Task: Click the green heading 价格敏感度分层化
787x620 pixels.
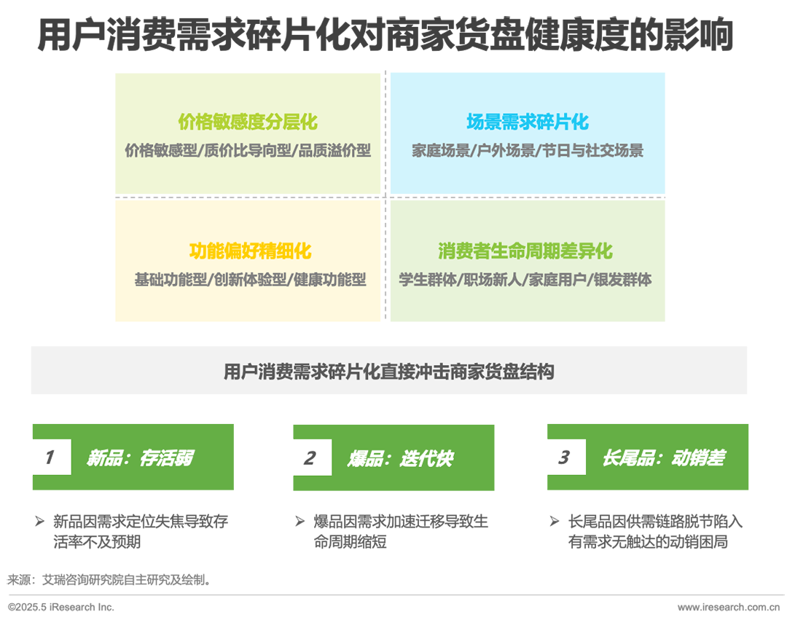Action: pyautogui.click(x=248, y=122)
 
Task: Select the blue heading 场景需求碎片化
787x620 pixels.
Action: pyautogui.click(x=527, y=122)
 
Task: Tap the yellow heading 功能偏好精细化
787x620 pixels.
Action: pyautogui.click(x=250, y=251)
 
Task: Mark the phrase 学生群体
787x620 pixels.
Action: pyautogui.click(x=428, y=280)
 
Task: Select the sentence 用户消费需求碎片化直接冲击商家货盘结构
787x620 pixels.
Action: pyautogui.click(x=388, y=372)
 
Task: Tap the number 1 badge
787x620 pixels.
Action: pyautogui.click(x=49, y=458)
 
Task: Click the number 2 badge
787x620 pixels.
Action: pyautogui.click(x=309, y=458)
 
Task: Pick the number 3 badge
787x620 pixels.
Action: pyautogui.click(x=563, y=458)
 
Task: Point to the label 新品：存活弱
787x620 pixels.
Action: pyautogui.click(x=139, y=458)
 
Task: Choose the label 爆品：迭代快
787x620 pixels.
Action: pyautogui.click(x=400, y=458)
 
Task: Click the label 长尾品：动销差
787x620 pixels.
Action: pyautogui.click(x=663, y=458)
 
